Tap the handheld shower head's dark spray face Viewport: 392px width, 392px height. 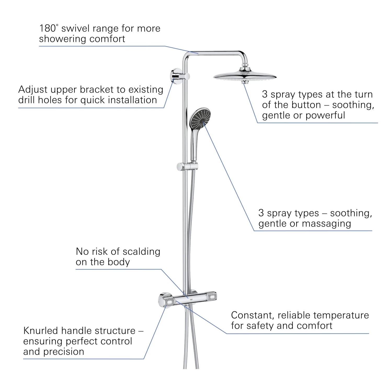[200, 119]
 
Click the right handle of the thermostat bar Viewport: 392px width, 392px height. [211, 296]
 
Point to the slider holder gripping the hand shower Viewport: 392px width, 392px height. [187, 166]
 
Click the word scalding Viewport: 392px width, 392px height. [141, 252]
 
